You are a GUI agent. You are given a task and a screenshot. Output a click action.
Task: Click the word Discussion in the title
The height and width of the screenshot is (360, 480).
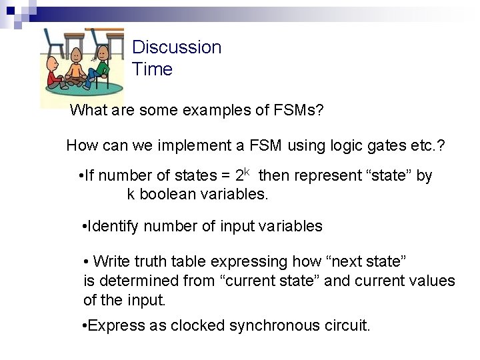(177, 47)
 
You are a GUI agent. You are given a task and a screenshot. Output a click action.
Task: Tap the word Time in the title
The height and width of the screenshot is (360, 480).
(152, 69)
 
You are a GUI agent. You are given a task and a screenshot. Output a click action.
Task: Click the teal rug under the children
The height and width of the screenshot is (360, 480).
(100, 87)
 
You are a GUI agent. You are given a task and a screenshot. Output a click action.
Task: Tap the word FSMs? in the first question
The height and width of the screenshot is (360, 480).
(299, 110)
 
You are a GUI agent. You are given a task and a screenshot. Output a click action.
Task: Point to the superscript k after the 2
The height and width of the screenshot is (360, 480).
(246, 172)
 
